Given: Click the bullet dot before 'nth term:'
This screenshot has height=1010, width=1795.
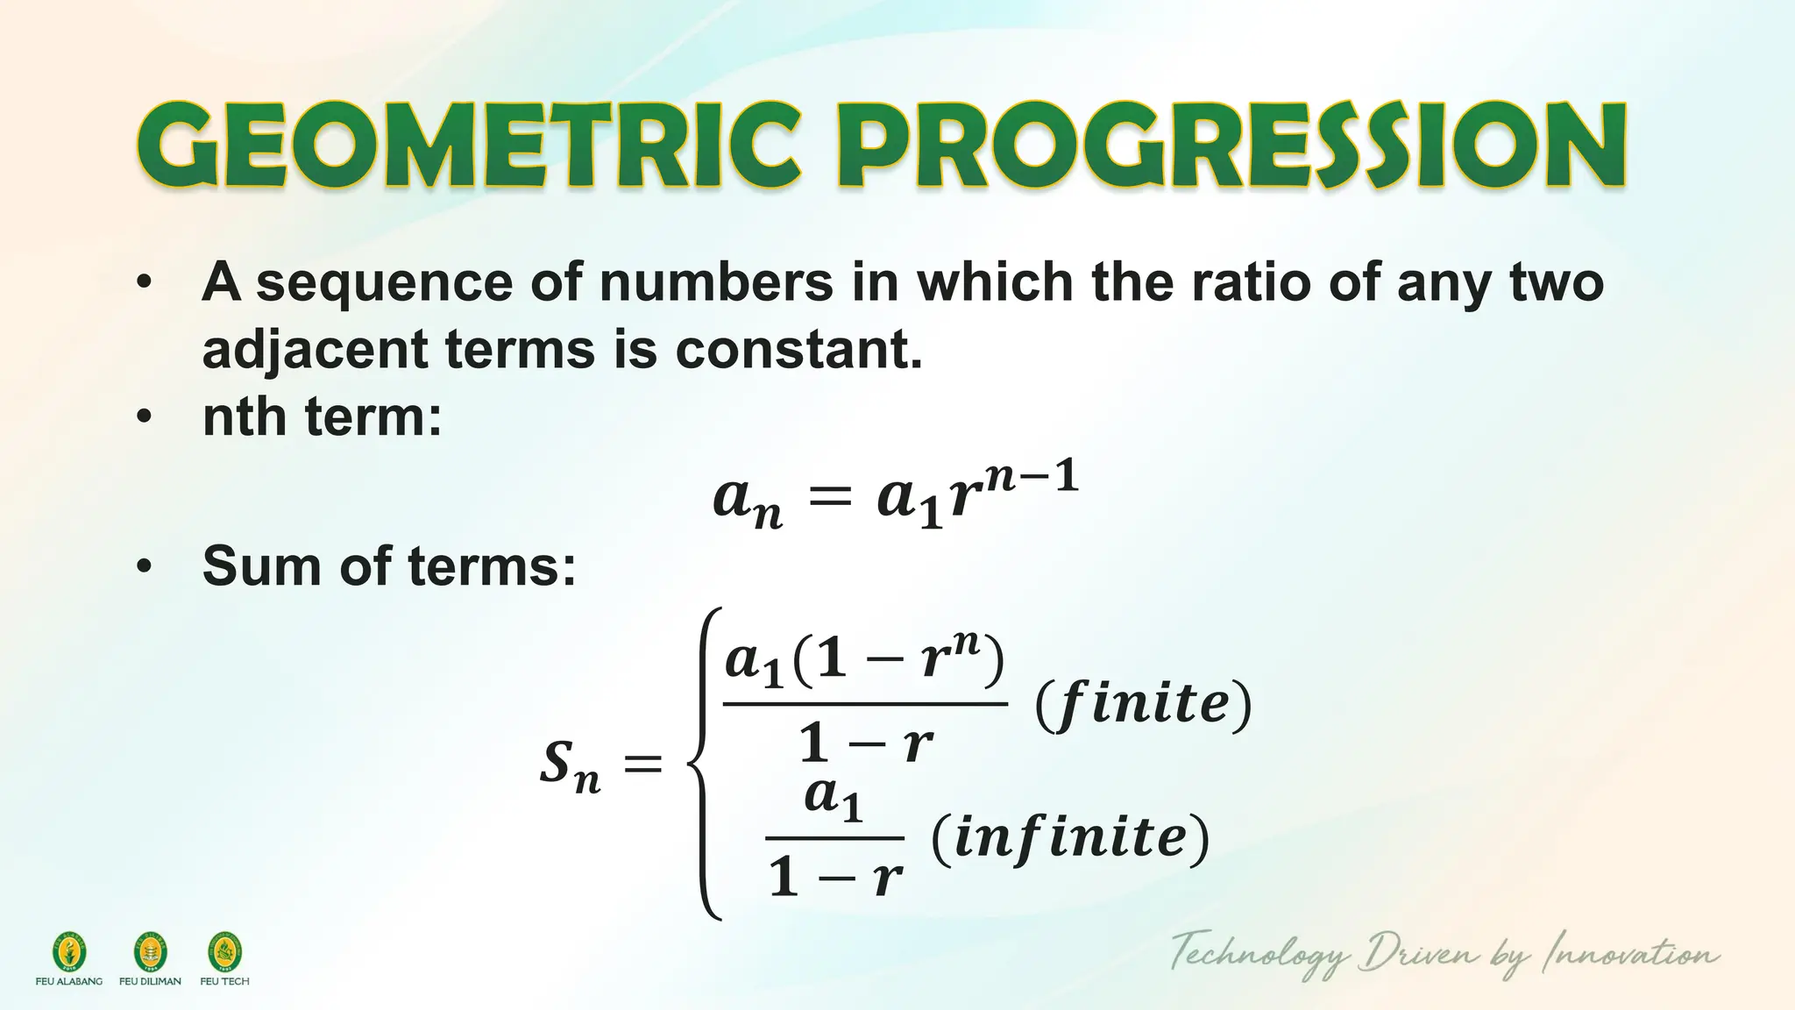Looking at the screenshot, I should (145, 416).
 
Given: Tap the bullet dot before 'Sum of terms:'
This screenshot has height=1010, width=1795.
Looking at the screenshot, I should (145, 566).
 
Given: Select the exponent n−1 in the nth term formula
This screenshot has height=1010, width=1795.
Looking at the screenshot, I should (1031, 479).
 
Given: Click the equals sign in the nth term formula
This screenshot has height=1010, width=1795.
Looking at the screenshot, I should (828, 500).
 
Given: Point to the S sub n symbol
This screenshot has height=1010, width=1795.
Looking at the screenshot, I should (570, 765).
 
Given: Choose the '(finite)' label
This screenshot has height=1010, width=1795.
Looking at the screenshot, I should (1143, 703).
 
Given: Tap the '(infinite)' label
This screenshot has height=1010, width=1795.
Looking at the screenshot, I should (1070, 837).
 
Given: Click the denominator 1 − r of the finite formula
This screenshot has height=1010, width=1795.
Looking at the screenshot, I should (865, 744).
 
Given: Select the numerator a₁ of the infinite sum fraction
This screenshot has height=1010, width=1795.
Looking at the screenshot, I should (834, 798).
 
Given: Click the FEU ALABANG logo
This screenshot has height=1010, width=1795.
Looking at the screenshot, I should (69, 952).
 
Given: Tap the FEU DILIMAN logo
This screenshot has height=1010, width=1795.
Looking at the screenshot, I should (150, 952).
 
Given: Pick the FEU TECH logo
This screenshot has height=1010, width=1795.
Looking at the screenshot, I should (224, 952).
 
